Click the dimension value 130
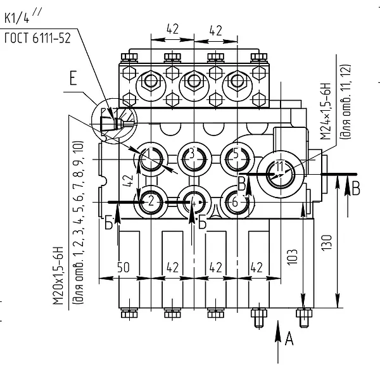pos(327,242)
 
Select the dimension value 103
pos(292,256)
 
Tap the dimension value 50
pos(123,267)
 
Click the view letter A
pos(289,339)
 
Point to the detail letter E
pos(73,78)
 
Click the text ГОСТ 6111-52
pos(37,38)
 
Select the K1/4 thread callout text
pos(23,16)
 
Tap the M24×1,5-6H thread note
pos(326,111)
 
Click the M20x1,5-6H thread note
pos(58,275)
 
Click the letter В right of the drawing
pos(355,188)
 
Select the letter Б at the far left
pos(108,223)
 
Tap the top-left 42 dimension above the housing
pos(172,29)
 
